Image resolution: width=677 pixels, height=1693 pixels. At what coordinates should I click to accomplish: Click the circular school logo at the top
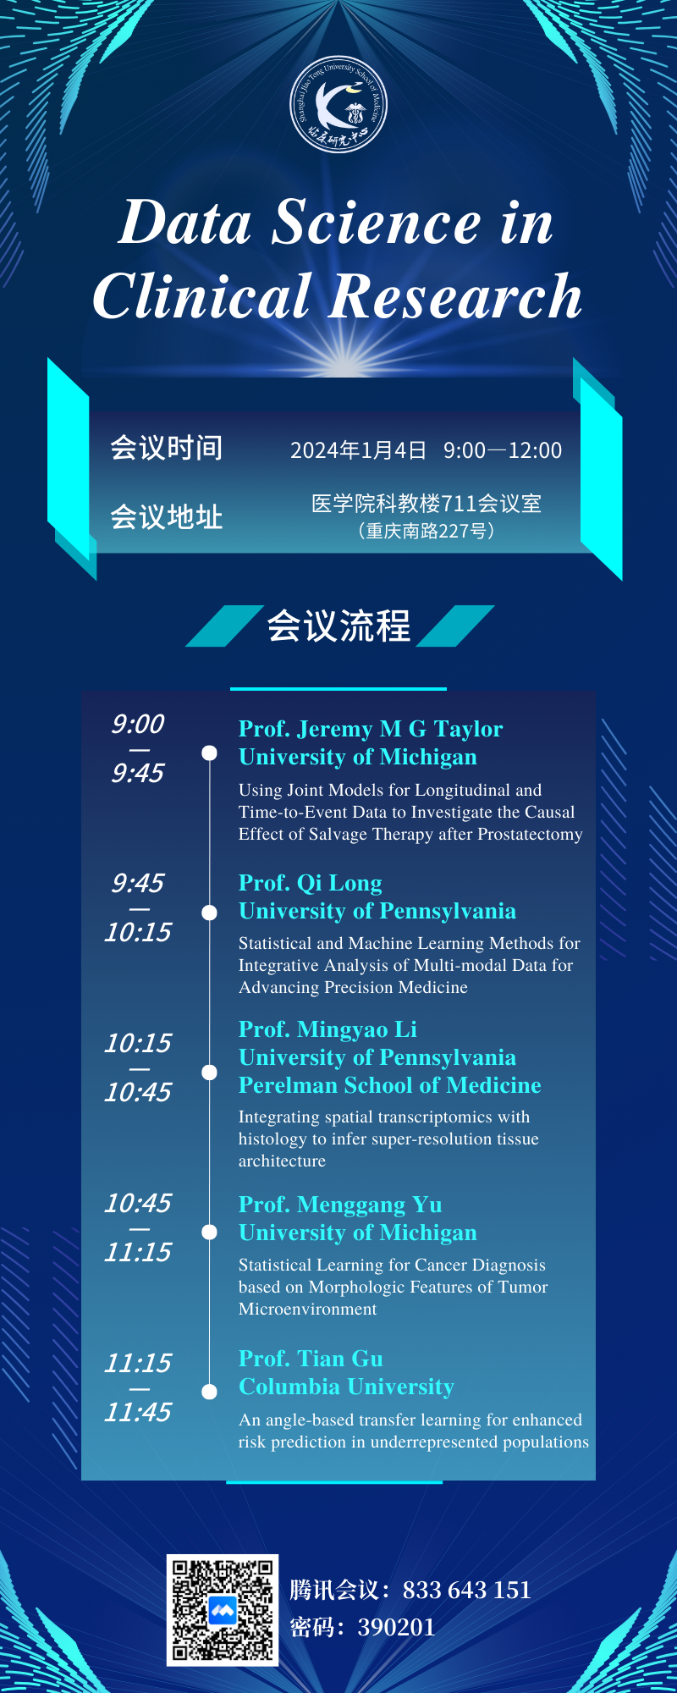tap(338, 105)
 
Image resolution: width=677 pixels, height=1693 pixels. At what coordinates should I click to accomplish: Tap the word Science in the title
tap(376, 223)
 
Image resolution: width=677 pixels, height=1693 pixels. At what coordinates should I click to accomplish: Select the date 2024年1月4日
tap(358, 450)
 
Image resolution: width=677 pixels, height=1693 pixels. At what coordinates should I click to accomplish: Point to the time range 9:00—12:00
tap(503, 450)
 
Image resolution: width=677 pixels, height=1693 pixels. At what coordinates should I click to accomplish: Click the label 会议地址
tap(167, 516)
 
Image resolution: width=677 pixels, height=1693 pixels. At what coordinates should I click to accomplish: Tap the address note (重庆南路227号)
tap(427, 531)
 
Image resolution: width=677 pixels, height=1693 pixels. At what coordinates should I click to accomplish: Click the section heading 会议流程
tap(338, 626)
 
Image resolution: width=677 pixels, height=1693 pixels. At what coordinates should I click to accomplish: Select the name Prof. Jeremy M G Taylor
tap(371, 729)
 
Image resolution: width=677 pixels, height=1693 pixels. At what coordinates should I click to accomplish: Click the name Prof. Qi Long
tap(311, 883)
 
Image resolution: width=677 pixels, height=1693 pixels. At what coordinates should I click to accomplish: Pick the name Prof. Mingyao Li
tap(327, 1029)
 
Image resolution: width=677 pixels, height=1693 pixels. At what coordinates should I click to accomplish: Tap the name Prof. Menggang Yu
tap(340, 1205)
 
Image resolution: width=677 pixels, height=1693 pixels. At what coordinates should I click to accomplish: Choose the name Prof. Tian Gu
tap(311, 1359)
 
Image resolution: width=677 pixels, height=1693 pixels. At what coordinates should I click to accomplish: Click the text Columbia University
tap(346, 1387)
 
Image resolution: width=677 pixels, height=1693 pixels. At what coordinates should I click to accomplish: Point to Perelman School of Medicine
tap(390, 1085)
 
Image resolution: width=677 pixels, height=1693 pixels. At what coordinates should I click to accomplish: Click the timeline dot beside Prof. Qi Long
tap(210, 912)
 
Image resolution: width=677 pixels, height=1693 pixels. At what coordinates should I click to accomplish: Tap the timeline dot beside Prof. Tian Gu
tap(210, 1391)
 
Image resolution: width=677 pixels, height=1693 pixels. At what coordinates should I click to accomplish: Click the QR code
tap(223, 1610)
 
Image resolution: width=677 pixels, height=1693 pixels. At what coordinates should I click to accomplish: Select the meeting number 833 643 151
tap(467, 1590)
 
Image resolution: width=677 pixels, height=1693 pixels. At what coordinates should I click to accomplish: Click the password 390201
tap(396, 1627)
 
